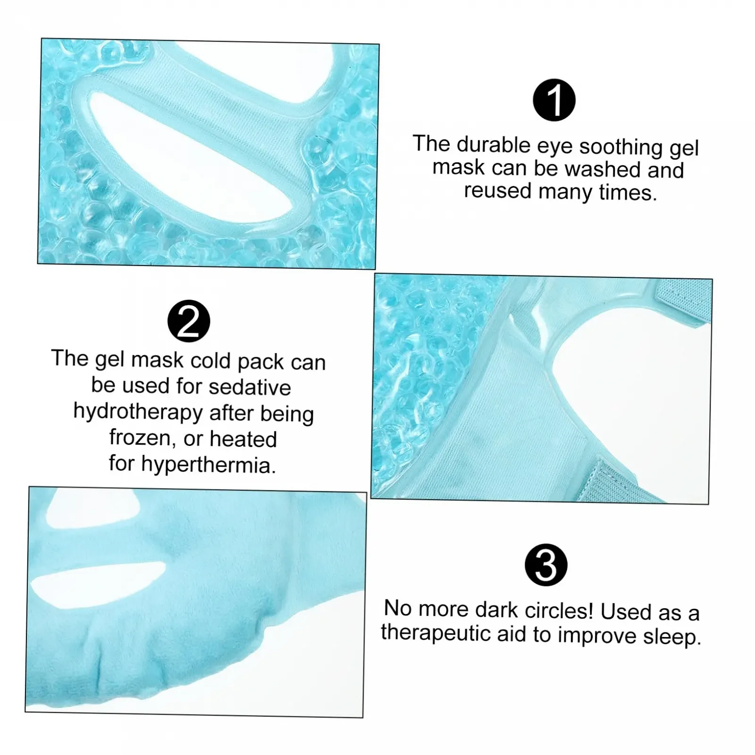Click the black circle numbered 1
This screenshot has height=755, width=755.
554,100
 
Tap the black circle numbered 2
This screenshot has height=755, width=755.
189,321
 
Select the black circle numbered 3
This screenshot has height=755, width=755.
546,565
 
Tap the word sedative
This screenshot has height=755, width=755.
250,387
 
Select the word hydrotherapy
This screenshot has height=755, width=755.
138,411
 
